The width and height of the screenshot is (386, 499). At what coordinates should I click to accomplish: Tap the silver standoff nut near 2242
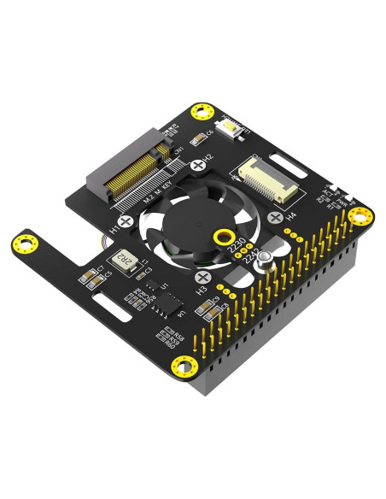(266, 259)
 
